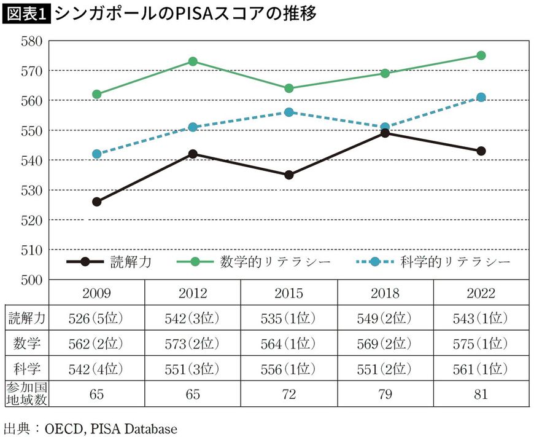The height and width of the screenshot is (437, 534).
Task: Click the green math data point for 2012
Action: tap(193, 61)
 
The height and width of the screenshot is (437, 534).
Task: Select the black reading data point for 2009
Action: tap(96, 202)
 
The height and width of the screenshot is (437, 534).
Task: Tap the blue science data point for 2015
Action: tap(289, 112)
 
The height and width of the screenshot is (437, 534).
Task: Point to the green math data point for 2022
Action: tap(481, 55)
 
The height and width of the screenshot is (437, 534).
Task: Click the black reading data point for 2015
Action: tap(289, 175)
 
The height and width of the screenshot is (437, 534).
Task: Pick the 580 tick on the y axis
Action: tap(30, 41)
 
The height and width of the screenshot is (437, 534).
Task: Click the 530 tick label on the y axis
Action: tap(30, 190)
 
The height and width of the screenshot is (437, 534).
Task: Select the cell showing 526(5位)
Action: tap(96, 318)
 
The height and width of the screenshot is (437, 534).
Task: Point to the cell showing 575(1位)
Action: tap(481, 344)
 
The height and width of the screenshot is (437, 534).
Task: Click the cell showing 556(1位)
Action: tap(289, 369)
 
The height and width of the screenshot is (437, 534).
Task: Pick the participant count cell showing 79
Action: tap(385, 394)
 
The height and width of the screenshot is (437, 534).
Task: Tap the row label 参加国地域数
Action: tap(25, 394)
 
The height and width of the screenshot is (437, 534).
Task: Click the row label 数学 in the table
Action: tap(25, 344)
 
